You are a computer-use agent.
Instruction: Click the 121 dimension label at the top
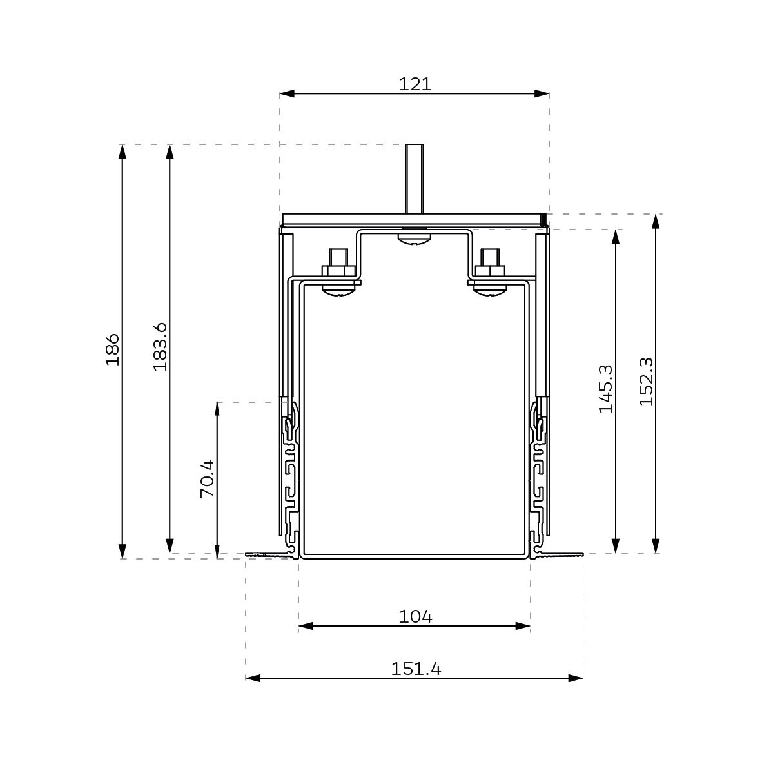coord(415,84)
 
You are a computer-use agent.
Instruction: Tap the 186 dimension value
coord(112,349)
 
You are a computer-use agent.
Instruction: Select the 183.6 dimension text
coord(160,346)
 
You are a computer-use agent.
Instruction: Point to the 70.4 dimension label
coord(208,479)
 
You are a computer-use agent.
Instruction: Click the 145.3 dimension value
coord(605,389)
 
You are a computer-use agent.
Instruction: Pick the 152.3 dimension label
coord(646,382)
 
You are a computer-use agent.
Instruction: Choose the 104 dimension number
coord(416,617)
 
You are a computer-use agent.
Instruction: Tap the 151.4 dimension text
coord(416,669)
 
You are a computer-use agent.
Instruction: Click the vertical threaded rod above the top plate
coord(415,179)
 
